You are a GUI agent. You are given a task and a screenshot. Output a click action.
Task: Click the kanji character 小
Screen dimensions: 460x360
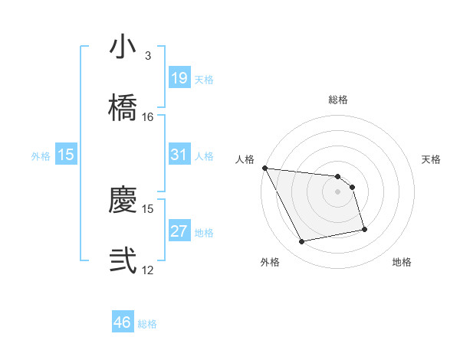click(x=123, y=47)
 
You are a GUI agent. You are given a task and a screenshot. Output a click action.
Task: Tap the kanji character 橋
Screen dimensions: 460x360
click(x=123, y=108)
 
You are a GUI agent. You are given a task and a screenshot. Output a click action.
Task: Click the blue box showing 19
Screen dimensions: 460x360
click(x=179, y=78)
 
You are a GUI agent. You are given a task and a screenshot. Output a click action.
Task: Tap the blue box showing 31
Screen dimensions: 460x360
click(x=179, y=155)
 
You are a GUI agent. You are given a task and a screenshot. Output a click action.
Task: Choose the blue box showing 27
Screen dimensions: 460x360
click(x=179, y=231)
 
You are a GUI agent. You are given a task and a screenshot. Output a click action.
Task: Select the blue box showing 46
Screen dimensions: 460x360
click(x=123, y=322)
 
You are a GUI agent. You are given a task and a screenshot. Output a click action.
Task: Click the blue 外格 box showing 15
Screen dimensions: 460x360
click(x=66, y=155)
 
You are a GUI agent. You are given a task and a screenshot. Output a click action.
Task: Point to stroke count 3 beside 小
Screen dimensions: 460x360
click(x=147, y=56)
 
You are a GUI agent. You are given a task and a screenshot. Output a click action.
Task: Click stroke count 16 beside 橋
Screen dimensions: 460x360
click(x=148, y=117)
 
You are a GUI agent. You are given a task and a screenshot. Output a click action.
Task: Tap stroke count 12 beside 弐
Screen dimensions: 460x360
click(x=148, y=270)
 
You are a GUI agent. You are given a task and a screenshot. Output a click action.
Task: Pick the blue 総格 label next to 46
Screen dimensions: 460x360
click(x=147, y=324)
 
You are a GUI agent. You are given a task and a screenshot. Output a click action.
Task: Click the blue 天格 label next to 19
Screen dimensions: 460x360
click(x=204, y=80)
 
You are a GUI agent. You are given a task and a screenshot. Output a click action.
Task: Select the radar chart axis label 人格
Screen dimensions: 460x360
click(x=245, y=159)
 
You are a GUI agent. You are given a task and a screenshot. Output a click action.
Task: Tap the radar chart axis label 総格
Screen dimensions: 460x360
click(x=338, y=100)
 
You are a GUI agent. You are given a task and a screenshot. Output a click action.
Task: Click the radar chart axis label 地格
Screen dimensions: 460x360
click(x=402, y=263)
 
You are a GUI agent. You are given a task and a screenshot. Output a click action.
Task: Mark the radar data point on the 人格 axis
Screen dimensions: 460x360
click(x=264, y=168)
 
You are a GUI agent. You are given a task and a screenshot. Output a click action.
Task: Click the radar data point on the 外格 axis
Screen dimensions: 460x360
click(x=302, y=242)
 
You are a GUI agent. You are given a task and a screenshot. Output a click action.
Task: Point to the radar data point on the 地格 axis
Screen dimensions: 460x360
click(x=364, y=229)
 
